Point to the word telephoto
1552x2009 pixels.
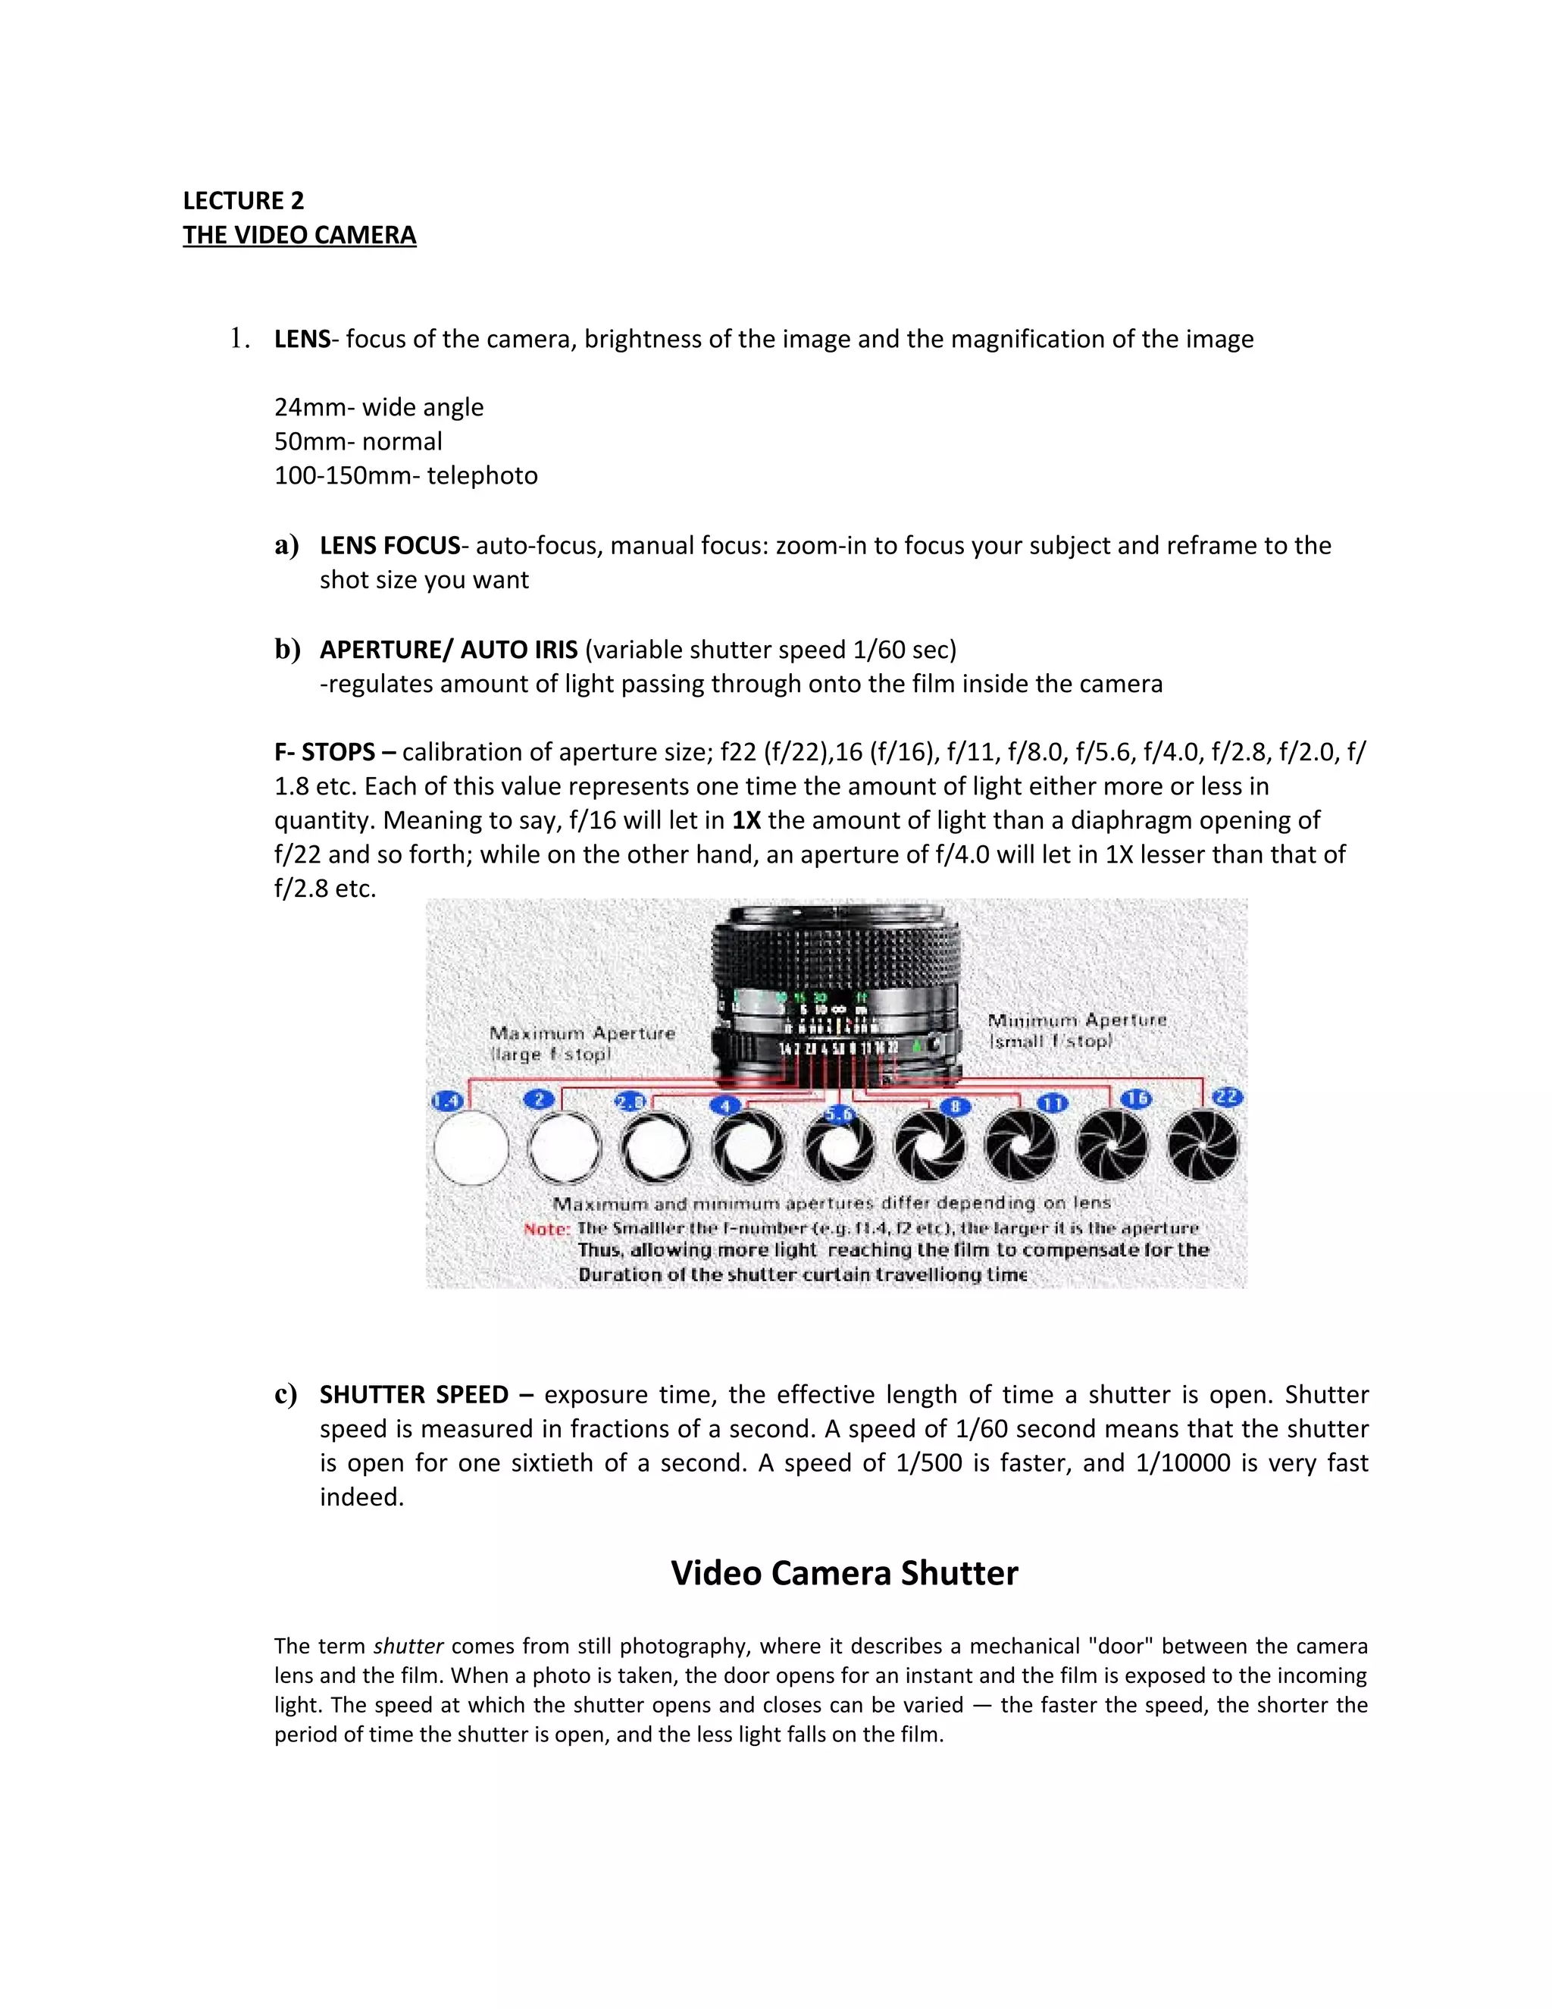pyautogui.click(x=482, y=475)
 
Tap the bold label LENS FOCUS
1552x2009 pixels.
pyautogui.click(x=389, y=546)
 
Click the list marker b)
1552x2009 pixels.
pyautogui.click(x=288, y=650)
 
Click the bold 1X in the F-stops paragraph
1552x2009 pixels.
pyautogui.click(x=746, y=820)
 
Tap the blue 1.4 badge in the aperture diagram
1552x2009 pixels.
pyautogui.click(x=446, y=1101)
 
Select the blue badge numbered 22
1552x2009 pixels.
pyautogui.click(x=1228, y=1096)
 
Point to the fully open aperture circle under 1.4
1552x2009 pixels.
pyautogui.click(x=471, y=1147)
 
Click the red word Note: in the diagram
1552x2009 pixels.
pyautogui.click(x=546, y=1229)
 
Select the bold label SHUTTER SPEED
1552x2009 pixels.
pyautogui.click(x=413, y=1394)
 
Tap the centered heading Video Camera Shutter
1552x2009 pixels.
pyautogui.click(x=844, y=1573)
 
